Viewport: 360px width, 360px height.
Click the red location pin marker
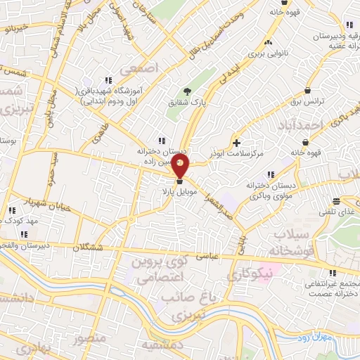click(x=181, y=167)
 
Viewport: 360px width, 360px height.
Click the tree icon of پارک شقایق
click(x=186, y=91)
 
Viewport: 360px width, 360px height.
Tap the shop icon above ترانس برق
click(x=308, y=89)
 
